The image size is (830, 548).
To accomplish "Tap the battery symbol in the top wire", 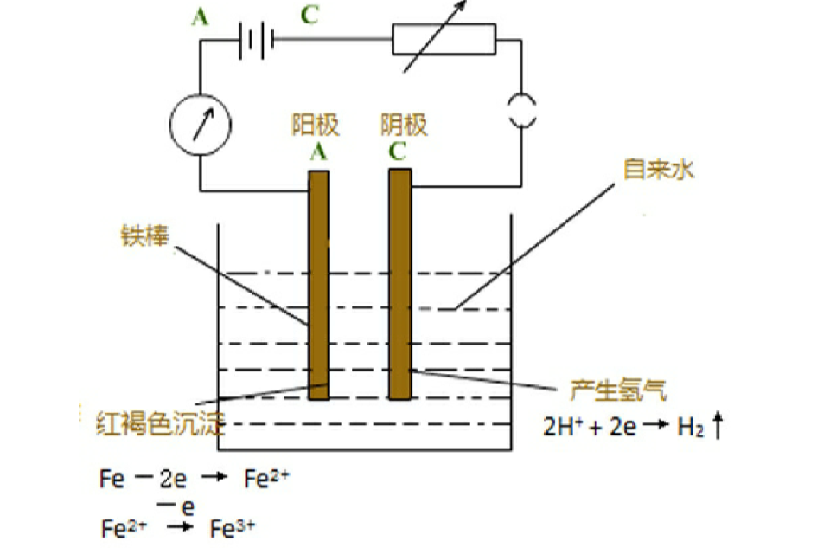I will coord(256,39).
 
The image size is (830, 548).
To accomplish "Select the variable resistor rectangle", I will coord(444,39).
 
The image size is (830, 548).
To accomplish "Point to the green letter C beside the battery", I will coord(309,16).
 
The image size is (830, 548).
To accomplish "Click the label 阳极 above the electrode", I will coord(315,126).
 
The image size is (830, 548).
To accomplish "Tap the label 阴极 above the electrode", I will coord(404,126).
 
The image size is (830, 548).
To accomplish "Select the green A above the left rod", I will coord(317,152).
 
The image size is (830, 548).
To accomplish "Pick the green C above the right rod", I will coord(399,152).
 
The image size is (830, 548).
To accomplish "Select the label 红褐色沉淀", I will coord(160,425).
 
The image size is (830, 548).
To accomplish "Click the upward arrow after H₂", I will coord(717,426).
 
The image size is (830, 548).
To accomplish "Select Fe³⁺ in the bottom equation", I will coord(233,527).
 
